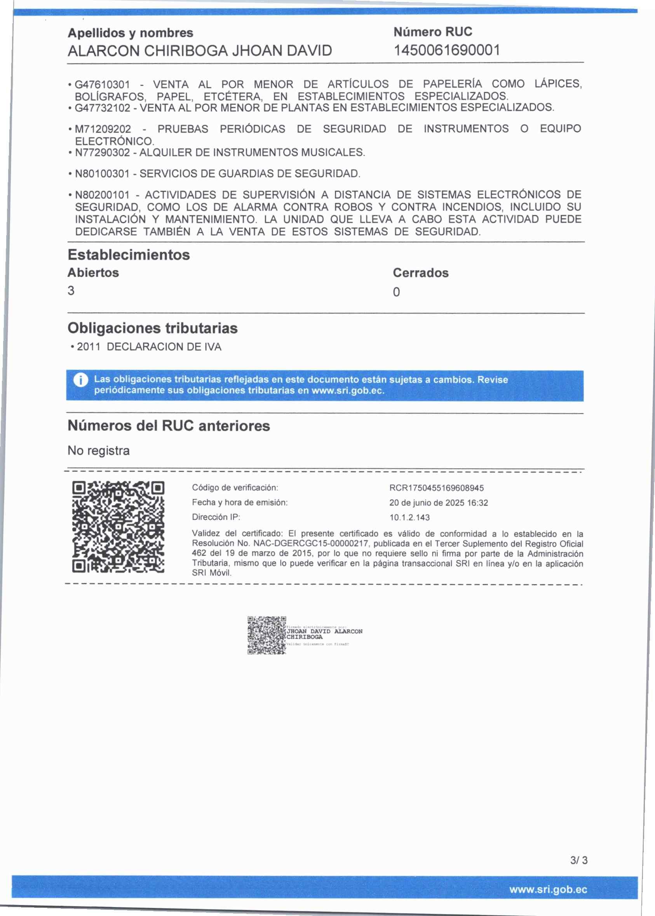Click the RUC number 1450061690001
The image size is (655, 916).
pos(446,50)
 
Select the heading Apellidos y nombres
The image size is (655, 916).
pos(130,33)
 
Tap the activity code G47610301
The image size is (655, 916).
pos(103,85)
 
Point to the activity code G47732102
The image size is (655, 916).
pos(103,108)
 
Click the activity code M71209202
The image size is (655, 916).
pos(103,129)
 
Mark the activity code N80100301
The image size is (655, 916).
pos(103,173)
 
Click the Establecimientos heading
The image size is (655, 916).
pos(129,255)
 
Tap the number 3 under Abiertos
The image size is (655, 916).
pos(71,291)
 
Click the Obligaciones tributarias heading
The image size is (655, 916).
pos(152,328)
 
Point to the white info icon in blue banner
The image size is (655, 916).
pos(81,380)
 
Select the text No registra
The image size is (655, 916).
pos(98,451)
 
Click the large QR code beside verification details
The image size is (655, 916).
pos(118,527)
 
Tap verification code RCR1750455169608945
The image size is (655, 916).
pos(436,488)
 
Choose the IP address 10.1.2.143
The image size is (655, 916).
pos(409,517)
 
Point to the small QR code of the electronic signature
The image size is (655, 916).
pos(267,635)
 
